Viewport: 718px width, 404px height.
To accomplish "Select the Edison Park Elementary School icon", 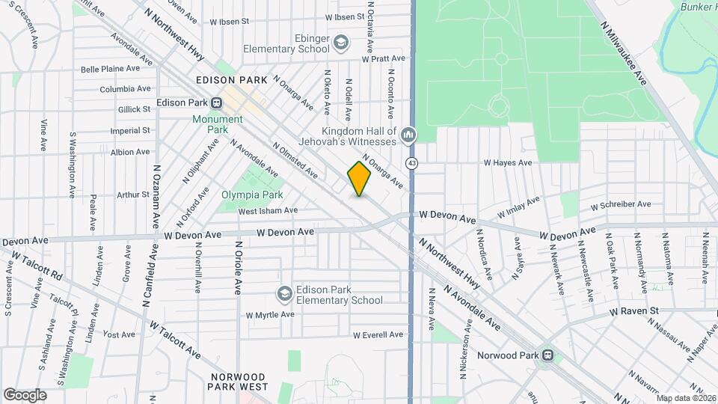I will (284, 295).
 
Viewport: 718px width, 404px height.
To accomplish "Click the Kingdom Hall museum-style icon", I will (408, 135).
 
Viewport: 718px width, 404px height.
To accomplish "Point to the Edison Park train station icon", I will (216, 103).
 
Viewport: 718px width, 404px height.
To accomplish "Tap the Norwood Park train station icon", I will (548, 355).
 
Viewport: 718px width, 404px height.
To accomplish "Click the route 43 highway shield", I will (411, 162).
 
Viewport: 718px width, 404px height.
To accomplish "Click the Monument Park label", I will (218, 124).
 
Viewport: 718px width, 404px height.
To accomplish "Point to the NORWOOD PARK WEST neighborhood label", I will (238, 382).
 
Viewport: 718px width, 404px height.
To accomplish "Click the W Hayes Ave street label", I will (507, 162).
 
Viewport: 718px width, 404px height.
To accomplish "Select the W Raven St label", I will (633, 310).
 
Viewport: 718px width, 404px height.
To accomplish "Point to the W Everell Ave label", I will (378, 334).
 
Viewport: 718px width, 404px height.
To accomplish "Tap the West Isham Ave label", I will (268, 211).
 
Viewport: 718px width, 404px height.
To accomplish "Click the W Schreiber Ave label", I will (620, 204).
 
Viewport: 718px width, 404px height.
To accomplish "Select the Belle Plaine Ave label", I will (110, 69).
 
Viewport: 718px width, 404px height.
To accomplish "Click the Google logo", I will (25, 394).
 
